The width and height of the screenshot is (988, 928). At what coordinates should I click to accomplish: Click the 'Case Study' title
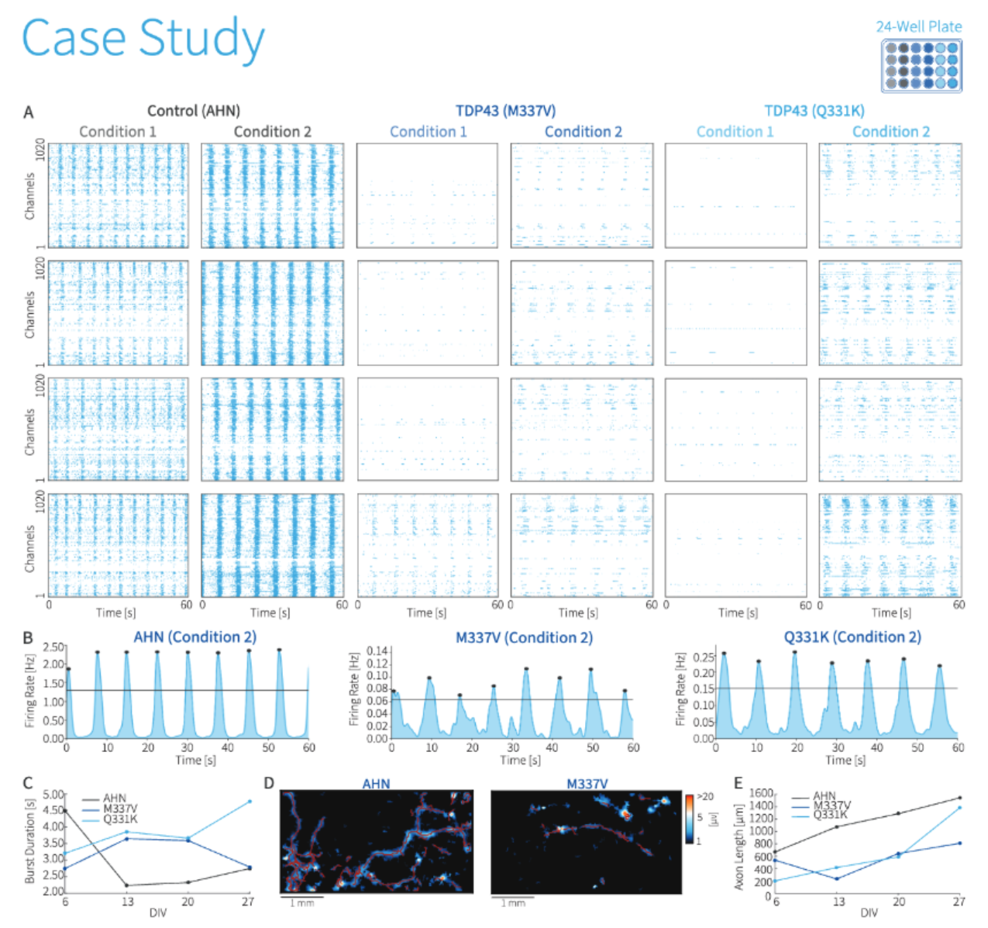coord(143,39)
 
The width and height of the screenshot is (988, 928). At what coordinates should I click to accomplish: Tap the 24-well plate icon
coord(921,66)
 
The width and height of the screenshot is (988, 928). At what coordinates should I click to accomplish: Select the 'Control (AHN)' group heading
coord(194,111)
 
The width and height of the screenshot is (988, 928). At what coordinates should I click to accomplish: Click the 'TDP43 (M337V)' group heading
coord(505,111)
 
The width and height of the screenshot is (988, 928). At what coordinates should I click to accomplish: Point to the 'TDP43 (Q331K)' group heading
coord(814,111)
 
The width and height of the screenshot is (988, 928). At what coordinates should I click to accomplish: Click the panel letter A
coord(28,112)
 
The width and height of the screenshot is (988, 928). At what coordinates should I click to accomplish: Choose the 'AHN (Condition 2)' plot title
coord(195,637)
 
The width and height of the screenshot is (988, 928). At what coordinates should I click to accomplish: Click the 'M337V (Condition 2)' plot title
coord(524,637)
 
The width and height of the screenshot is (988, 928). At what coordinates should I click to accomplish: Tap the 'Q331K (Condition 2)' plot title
coord(852,637)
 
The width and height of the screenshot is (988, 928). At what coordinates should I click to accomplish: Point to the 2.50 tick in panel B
coord(53,647)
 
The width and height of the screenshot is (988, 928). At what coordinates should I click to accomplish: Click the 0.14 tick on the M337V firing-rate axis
coord(377,651)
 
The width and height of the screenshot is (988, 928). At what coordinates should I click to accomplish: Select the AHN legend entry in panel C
coord(114,798)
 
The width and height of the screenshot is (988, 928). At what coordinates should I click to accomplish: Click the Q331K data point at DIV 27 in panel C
coord(249,802)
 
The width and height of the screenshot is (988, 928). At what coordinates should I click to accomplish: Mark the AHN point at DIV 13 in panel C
coord(127,885)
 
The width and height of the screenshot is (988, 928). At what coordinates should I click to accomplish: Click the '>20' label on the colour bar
coord(705,797)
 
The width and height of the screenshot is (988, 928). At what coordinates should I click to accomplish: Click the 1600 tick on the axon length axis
coord(761,793)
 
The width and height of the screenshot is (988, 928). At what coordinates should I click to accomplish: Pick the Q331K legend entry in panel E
coord(830,815)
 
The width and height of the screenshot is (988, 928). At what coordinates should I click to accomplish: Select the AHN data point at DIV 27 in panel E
coord(960,798)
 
